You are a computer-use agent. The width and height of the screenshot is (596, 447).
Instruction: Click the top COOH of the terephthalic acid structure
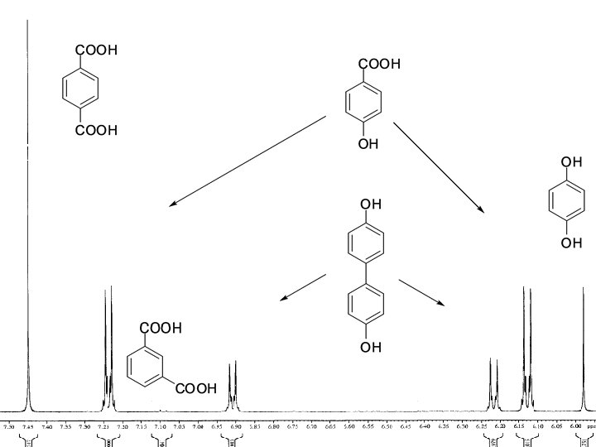97,50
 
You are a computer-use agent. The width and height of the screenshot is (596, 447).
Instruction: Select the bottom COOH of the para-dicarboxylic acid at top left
97,130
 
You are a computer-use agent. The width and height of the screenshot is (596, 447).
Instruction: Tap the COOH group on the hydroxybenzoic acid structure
379,64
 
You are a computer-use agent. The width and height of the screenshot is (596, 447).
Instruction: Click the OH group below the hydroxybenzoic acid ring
368,144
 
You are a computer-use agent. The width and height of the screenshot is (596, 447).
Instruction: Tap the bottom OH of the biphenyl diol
371,347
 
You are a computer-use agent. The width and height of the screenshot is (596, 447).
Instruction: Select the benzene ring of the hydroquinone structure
567,203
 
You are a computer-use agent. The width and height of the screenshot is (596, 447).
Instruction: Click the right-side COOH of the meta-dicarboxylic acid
195,388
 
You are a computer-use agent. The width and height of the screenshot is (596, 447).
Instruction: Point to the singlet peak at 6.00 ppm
583,348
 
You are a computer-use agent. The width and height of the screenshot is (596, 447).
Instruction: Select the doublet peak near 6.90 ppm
233,385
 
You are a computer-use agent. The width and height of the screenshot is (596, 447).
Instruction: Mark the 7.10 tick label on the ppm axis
161,427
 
